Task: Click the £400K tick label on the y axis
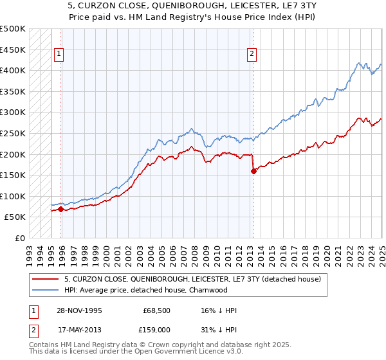coord(13,70)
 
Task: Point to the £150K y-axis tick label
coord(13,175)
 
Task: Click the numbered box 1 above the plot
coord(59,55)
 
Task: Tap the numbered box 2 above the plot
coord(252,55)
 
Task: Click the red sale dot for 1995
coord(61,209)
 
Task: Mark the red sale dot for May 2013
coord(253,171)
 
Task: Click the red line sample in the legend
coord(44,280)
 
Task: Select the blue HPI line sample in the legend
coord(44,290)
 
